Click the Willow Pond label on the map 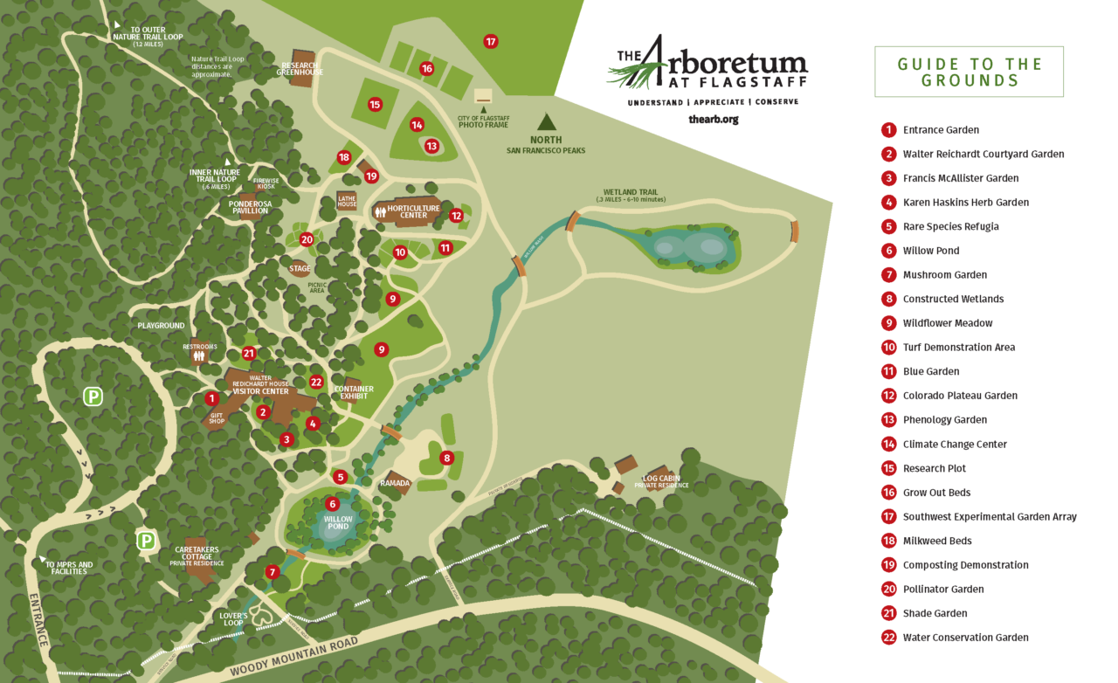[x=337, y=522]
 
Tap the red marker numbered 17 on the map [x=491, y=41]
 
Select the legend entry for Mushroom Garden [x=944, y=275]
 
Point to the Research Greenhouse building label [x=300, y=68]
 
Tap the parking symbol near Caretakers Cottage [x=147, y=542]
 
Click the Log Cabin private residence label [x=661, y=481]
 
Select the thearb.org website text [x=713, y=119]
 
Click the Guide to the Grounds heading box [x=969, y=72]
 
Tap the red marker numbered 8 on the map [x=447, y=458]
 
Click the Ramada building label [x=395, y=483]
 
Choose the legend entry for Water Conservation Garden [x=965, y=638]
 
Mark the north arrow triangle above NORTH [x=546, y=121]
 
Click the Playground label [x=161, y=326]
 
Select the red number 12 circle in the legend [x=888, y=396]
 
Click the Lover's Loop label [x=233, y=619]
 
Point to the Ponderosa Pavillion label [x=250, y=207]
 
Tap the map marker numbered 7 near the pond [x=273, y=572]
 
